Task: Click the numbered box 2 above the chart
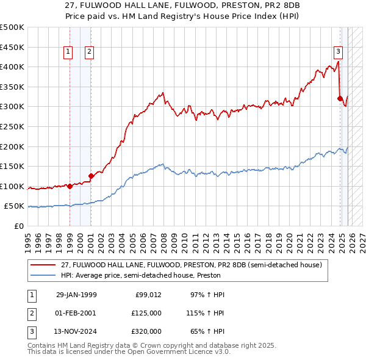click(89, 52)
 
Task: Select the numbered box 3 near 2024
click(338, 52)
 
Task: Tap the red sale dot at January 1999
click(70, 186)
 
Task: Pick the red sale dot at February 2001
click(91, 176)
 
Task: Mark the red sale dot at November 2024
click(340, 98)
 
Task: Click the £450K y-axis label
click(12, 47)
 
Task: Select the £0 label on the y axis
click(20, 226)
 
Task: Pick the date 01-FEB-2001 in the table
click(76, 313)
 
